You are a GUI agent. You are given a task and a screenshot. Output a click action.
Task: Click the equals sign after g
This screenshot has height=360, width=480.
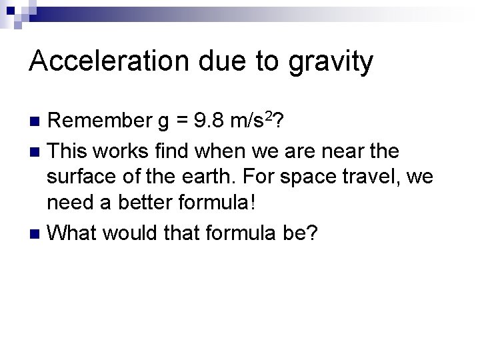point(179,122)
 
